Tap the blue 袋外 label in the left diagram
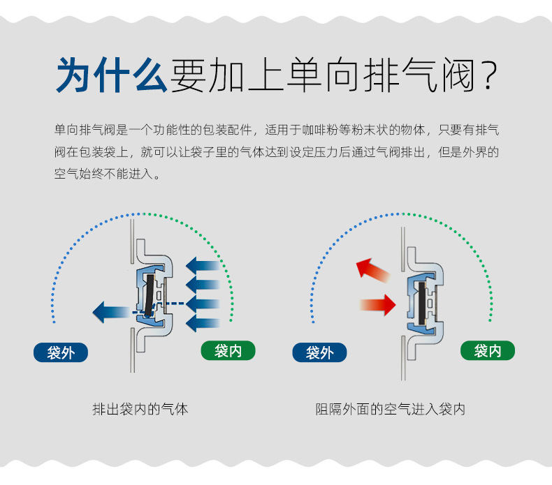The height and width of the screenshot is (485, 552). [61, 352]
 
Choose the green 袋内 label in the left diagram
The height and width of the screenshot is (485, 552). [228, 350]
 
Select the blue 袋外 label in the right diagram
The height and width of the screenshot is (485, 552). [319, 352]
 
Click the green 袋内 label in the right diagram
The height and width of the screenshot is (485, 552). [487, 350]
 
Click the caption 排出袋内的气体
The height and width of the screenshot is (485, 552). [140, 409]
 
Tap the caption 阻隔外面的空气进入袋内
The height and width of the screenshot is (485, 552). [390, 409]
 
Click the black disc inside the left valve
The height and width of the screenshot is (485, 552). [149, 293]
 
